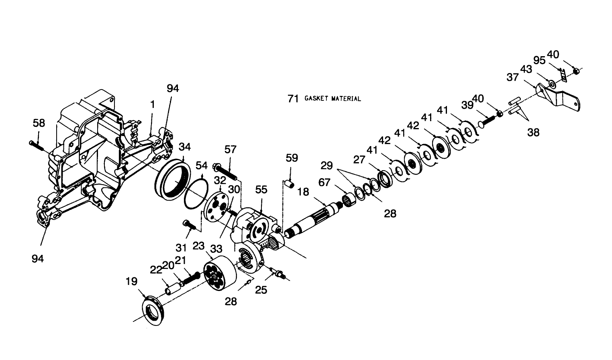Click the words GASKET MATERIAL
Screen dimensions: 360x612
tap(333, 99)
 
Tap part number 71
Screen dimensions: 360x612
tap(293, 99)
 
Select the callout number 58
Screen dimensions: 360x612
tap(39, 123)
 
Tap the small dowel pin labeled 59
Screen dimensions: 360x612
tap(289, 184)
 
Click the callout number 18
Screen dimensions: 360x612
tap(303, 192)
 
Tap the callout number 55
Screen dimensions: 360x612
tap(261, 189)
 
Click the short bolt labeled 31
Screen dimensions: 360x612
tap(189, 225)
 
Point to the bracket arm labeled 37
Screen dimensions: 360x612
tap(558, 96)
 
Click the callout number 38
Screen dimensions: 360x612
tap(533, 132)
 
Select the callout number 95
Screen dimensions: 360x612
tap(539, 60)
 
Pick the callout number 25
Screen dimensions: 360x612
tap(261, 289)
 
